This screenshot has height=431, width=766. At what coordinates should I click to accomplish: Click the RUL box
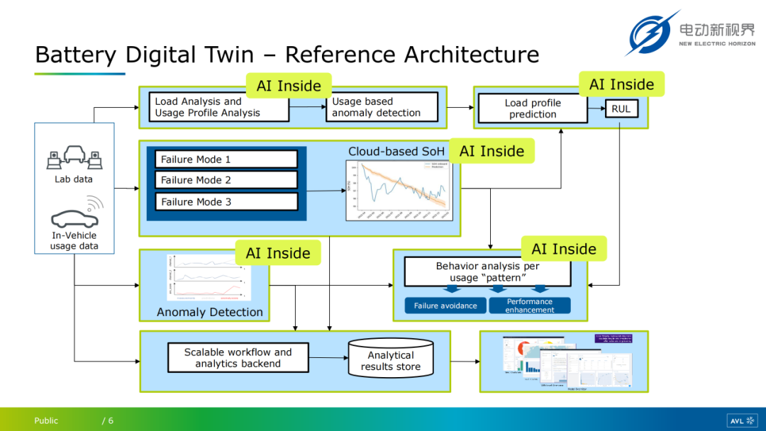tap(621, 109)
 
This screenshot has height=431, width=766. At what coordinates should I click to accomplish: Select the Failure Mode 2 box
tap(226, 180)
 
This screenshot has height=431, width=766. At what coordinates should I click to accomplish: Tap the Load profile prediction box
tap(533, 108)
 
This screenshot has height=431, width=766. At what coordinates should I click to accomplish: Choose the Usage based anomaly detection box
tap(382, 108)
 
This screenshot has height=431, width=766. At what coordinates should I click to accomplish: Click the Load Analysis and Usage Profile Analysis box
tap(221, 108)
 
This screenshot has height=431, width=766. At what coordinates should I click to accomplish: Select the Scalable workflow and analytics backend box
tap(238, 358)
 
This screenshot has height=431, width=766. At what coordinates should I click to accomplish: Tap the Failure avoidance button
tap(445, 306)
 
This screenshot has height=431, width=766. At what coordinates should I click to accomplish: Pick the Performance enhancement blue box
tap(530, 306)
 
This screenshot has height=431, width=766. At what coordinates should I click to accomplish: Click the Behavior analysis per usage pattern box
tap(487, 272)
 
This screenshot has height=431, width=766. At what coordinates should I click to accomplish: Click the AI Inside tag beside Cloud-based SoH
tap(492, 151)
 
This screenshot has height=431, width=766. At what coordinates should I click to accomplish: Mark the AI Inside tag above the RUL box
tap(621, 84)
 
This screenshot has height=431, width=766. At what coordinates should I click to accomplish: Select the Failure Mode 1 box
tap(226, 159)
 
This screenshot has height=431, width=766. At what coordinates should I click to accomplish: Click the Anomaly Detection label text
tap(209, 312)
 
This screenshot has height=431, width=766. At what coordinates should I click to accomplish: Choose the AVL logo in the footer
tap(742, 420)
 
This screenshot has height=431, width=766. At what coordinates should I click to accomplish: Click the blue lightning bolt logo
tap(650, 33)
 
